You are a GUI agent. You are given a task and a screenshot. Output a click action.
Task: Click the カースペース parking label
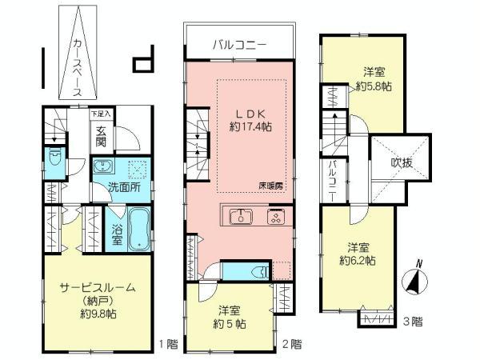76,67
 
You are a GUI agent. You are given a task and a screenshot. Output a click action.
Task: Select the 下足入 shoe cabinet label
101,114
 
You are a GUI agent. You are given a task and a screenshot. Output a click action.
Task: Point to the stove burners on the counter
276,216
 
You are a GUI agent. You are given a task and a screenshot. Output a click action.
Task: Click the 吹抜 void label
402,162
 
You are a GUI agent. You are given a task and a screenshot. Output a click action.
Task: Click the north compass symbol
417,280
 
